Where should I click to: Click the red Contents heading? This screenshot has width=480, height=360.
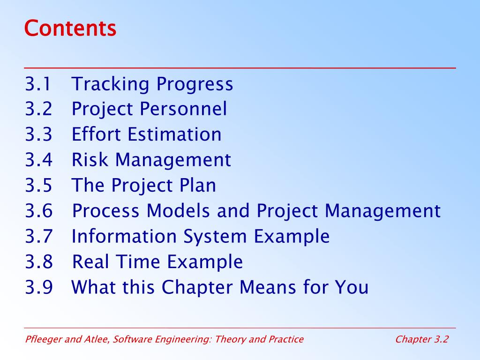pos(70,28)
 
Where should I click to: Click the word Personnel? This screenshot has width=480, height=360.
pos(183,109)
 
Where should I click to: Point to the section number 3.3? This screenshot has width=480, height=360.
pos(38,135)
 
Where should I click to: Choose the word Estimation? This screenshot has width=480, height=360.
pos(174,135)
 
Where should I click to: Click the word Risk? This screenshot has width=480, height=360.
pos(90,159)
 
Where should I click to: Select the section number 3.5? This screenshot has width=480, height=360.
pos(38,185)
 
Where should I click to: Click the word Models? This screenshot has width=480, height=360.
pos(178,210)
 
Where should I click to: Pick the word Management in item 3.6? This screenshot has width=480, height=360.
pos(382,211)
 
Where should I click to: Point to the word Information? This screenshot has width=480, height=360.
pos(124,236)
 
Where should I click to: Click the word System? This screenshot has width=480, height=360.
pos(215,237)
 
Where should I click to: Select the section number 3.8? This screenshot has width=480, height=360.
pos(39,262)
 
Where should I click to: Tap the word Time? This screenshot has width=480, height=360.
pos(138,262)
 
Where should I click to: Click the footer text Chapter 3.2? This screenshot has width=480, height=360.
pos(422,339)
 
